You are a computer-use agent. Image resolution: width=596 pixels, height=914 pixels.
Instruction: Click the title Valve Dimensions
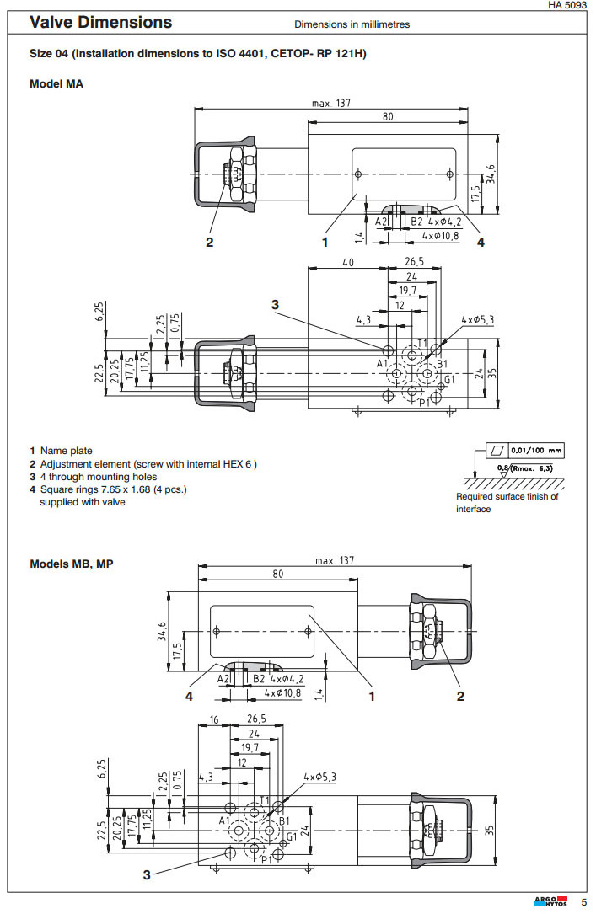100,23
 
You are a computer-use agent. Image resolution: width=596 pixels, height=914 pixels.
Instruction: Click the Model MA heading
56,83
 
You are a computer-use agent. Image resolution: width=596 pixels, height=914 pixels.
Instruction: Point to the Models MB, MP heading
72,564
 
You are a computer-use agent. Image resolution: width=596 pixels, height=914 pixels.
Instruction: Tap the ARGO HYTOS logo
551,902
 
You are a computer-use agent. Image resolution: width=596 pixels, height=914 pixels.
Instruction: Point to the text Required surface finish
507,496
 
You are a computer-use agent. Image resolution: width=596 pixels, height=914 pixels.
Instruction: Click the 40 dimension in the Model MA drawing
347,263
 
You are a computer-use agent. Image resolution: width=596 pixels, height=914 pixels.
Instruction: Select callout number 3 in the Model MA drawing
275,304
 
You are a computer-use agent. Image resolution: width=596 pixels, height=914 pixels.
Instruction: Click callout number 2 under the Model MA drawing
210,243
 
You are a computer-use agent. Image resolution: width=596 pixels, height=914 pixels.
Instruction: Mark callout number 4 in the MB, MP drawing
189,696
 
